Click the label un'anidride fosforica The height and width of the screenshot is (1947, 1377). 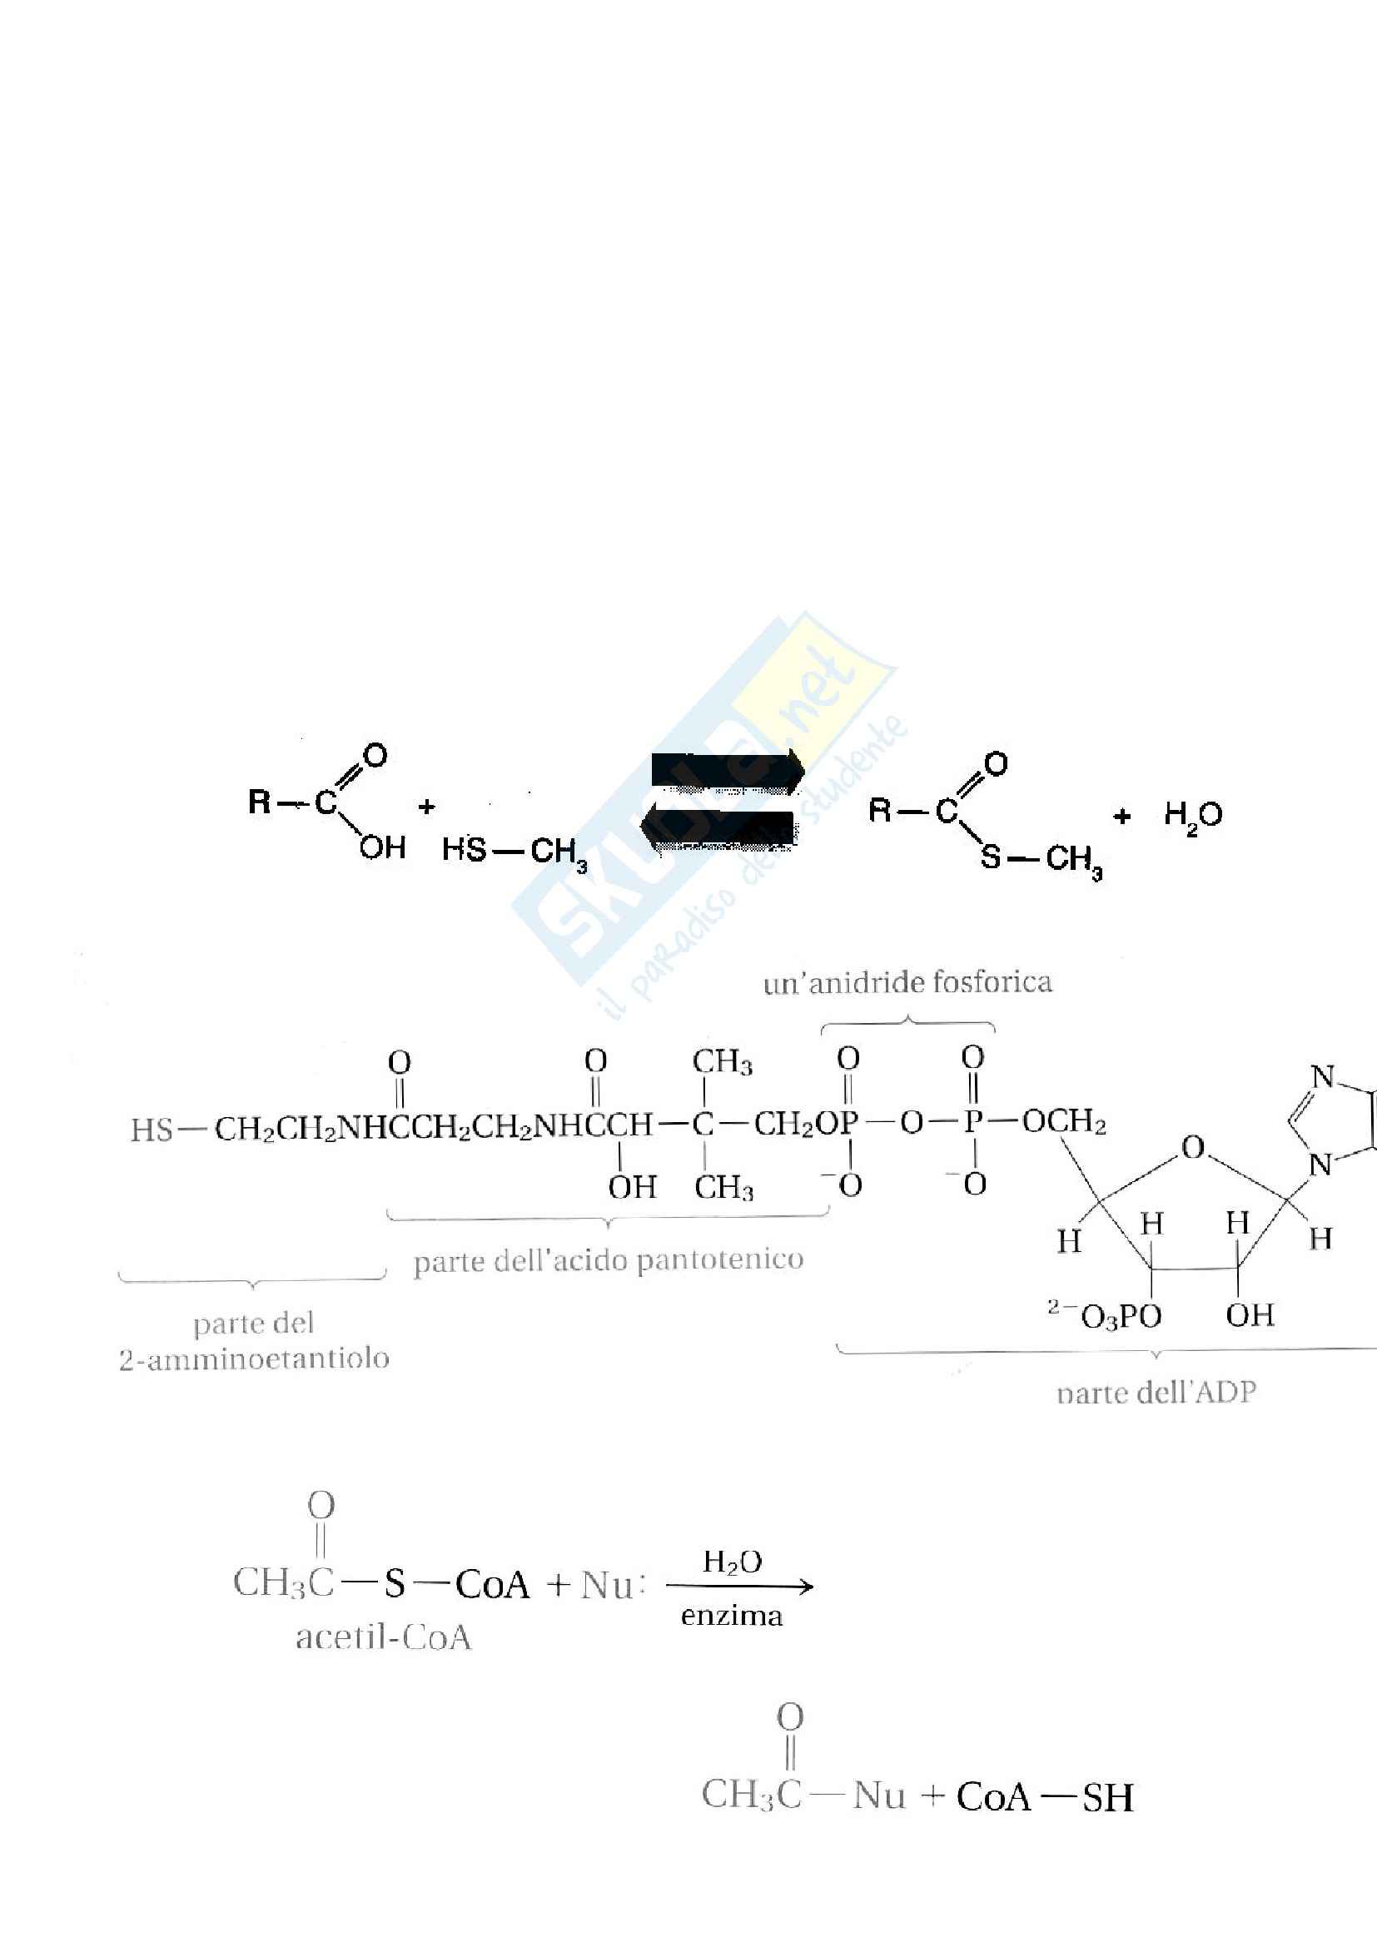[x=907, y=983]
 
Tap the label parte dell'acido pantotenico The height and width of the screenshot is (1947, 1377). [x=608, y=1260]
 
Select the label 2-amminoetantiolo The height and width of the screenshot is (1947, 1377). [x=254, y=1358]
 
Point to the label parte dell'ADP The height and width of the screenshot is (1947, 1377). [x=1156, y=1393]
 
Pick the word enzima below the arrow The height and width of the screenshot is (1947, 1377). [x=731, y=1617]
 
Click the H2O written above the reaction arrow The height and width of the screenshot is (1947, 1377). [x=732, y=1561]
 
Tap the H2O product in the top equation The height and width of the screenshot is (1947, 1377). [x=1192, y=816]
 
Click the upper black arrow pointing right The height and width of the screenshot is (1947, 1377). [x=728, y=770]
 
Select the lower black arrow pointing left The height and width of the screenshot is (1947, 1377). [x=719, y=829]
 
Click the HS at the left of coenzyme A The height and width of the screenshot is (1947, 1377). [x=152, y=1130]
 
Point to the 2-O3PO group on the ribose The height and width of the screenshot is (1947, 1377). [x=1105, y=1316]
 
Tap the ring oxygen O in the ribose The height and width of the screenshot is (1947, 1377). [x=1193, y=1148]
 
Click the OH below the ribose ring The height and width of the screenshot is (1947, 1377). [x=1249, y=1315]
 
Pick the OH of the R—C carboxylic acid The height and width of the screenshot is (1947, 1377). [x=382, y=847]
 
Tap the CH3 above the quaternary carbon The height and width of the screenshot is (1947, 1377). [x=722, y=1061]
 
